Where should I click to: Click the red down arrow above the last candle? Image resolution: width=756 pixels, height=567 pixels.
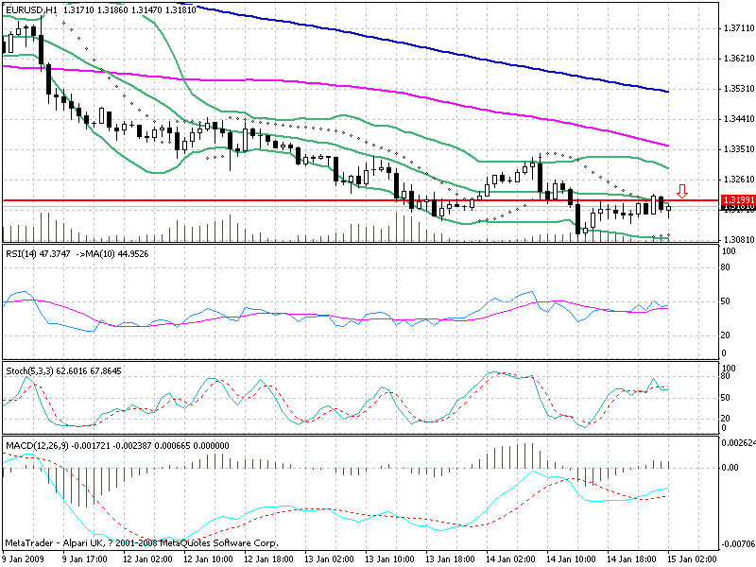(681, 190)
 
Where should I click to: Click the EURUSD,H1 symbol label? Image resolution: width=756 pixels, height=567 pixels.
(29, 9)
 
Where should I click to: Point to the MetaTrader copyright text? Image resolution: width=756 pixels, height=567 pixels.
(142, 543)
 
